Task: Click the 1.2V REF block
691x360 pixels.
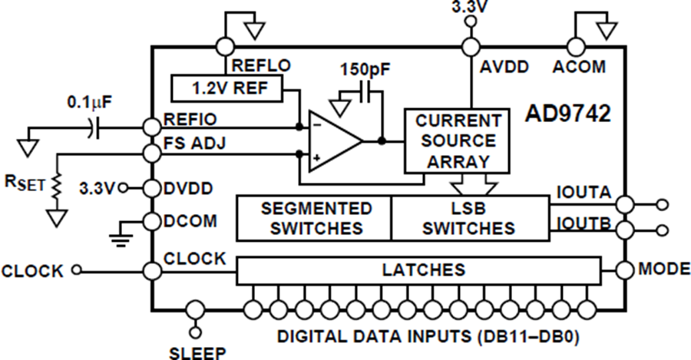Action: (x=226, y=88)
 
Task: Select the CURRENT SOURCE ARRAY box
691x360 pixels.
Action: (x=457, y=140)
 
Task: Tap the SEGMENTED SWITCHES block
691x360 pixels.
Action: (x=314, y=218)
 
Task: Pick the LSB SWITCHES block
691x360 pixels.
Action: (x=470, y=218)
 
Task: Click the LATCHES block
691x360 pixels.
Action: (x=418, y=270)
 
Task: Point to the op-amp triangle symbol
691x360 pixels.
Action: (x=335, y=141)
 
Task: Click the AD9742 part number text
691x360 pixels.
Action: (x=567, y=114)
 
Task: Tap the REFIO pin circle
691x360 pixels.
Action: (x=152, y=127)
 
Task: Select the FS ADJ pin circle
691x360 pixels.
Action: (x=152, y=153)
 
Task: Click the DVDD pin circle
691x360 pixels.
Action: (x=152, y=188)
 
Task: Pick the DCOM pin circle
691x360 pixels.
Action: (x=152, y=221)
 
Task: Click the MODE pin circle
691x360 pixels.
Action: (x=625, y=269)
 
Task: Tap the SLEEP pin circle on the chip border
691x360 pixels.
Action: (x=195, y=310)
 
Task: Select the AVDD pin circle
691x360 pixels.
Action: (x=471, y=46)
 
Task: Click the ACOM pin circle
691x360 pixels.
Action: (x=576, y=46)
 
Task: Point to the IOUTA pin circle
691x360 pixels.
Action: (x=625, y=204)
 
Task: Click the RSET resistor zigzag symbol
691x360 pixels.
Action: (x=56, y=187)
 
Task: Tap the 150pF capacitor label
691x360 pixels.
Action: (x=365, y=69)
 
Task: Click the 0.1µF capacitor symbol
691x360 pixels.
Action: (x=94, y=127)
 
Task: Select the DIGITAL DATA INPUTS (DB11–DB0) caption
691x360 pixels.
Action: (x=428, y=337)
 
